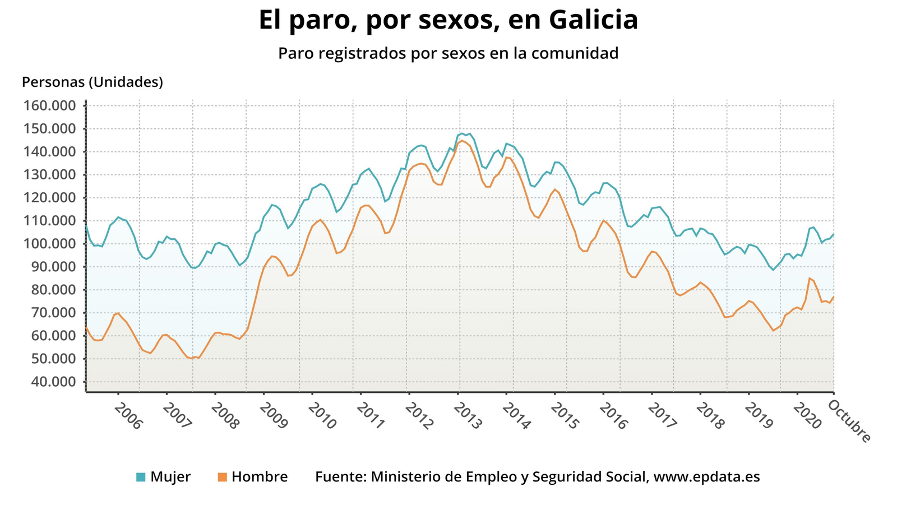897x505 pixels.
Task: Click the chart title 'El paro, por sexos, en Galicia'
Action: [448, 21]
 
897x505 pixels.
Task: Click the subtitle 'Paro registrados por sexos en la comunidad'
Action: [448, 53]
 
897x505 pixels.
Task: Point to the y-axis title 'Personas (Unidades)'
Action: [93, 82]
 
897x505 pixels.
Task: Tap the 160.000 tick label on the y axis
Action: [49, 106]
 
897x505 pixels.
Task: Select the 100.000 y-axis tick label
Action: [49, 244]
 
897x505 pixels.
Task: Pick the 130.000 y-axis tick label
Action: [49, 175]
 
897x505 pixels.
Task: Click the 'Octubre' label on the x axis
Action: [850, 420]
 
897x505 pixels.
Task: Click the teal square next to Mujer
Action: [141, 478]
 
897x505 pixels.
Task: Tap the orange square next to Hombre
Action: [222, 478]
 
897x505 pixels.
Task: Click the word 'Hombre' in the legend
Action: [260, 477]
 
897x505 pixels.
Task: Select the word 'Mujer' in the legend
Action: [170, 477]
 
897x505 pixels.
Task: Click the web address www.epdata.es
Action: [707, 477]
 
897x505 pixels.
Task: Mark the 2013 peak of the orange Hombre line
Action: [461, 141]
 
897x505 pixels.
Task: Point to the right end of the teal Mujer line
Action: [834, 234]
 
